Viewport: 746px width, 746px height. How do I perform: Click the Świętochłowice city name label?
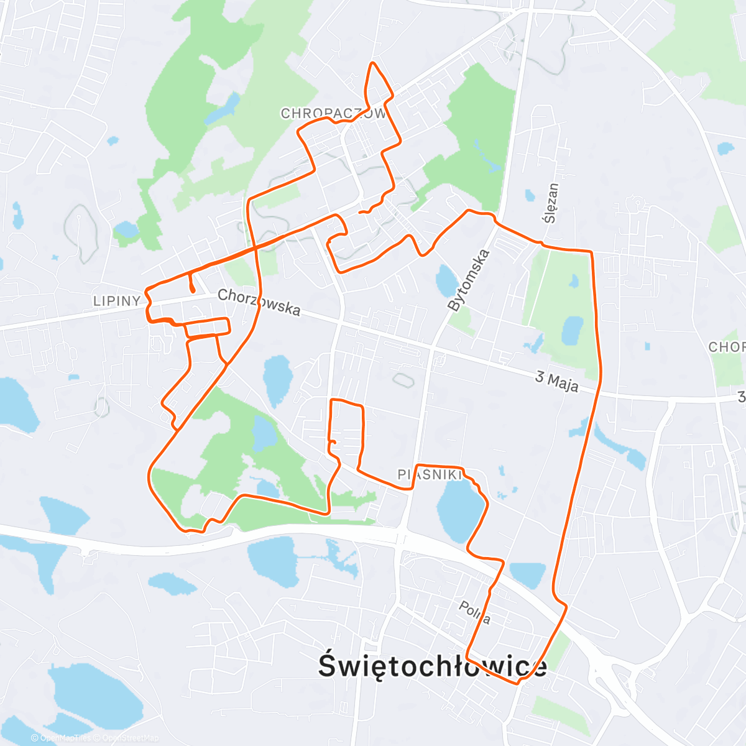pos(433,666)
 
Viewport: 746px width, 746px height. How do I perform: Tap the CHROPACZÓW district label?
pos(333,114)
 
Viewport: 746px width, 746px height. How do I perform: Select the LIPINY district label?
pos(117,301)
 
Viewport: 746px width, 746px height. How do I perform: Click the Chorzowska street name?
pos(259,302)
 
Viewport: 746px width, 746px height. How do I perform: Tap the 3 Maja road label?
pos(556,381)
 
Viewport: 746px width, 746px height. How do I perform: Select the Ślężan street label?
pos(551,203)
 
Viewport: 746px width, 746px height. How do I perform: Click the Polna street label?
pos(475,612)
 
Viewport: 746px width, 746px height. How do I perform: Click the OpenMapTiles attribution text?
pos(64,738)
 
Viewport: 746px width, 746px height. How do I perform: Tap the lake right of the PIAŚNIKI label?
pos(460,510)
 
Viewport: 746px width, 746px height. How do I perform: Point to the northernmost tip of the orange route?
pos(372,63)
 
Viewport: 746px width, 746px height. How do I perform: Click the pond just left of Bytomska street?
pos(446,281)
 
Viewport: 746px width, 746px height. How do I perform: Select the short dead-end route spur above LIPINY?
pos(192,283)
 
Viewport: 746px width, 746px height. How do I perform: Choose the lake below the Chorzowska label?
pos(277,379)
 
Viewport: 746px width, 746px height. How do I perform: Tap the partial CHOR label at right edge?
pos(727,346)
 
